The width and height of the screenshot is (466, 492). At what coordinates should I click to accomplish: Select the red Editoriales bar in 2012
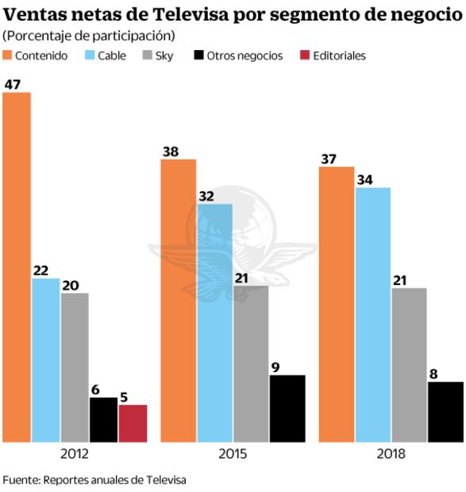click(133, 423)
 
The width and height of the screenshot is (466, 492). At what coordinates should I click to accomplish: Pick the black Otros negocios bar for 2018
click(445, 412)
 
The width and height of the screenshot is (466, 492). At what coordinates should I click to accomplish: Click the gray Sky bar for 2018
click(409, 364)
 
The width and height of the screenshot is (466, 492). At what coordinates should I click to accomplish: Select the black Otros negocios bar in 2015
click(287, 408)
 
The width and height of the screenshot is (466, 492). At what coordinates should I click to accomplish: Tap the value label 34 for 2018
click(366, 179)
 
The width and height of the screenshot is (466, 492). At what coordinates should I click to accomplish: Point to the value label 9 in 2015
click(277, 367)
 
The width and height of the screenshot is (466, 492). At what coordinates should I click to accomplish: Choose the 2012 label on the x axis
click(74, 455)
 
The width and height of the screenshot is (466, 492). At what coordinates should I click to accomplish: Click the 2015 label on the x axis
click(232, 455)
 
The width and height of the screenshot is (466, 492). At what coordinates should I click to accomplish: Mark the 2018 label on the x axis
click(390, 455)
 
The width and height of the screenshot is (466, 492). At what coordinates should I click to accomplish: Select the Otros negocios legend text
click(245, 56)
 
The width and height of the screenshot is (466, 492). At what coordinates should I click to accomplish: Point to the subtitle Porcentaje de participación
click(89, 36)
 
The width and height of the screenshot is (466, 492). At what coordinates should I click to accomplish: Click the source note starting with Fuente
click(94, 480)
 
